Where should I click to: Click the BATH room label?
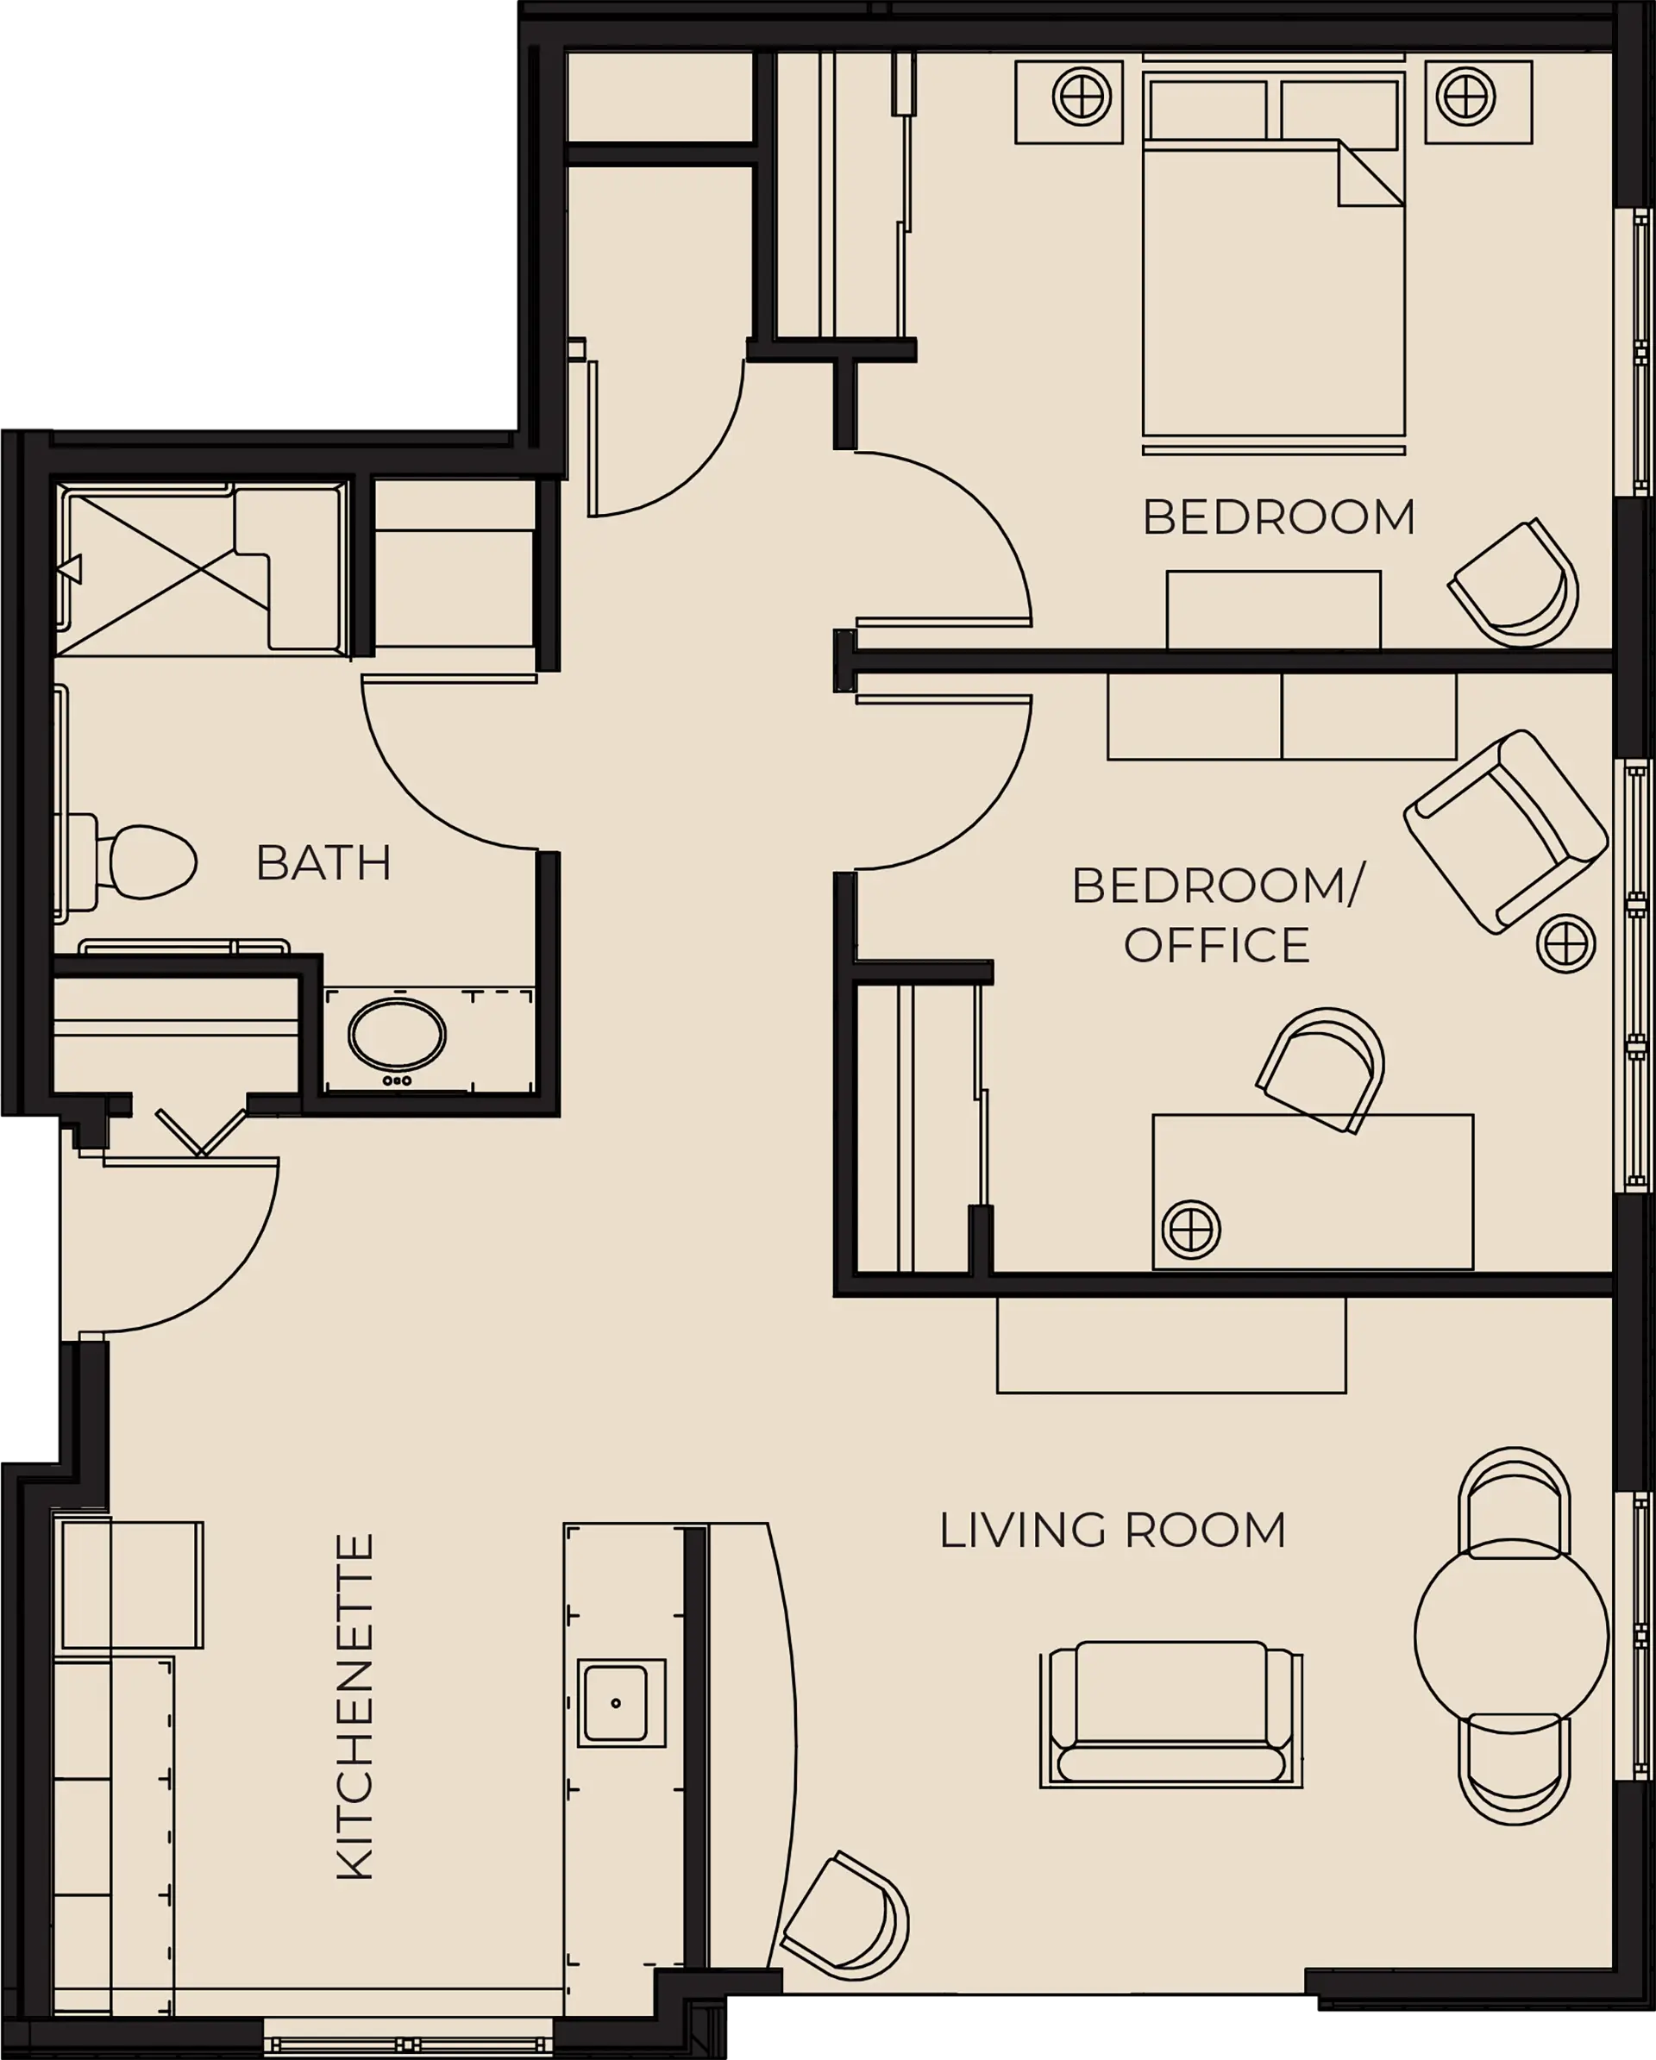324,863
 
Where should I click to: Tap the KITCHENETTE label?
355,1707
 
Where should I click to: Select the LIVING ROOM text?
1113,1531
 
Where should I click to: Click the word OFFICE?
1215,946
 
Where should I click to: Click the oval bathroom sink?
397,1036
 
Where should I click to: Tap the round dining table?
1512,1636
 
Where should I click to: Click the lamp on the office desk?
1190,1229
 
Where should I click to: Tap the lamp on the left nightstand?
1082,97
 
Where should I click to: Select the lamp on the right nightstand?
1466,97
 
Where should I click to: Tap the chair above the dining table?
1514,1502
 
